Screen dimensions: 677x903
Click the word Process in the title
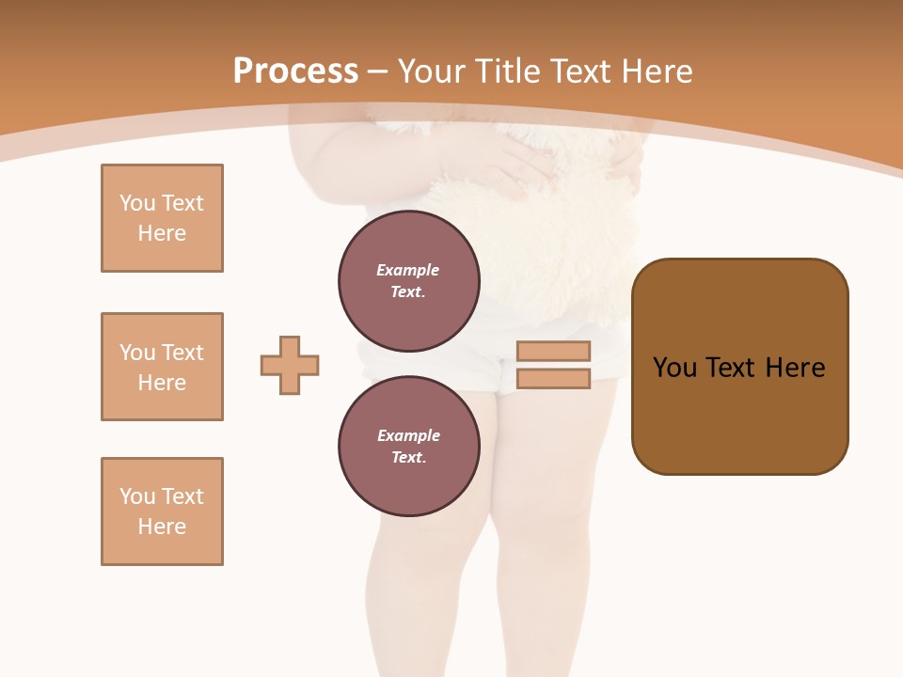coord(295,71)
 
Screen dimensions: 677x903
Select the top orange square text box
coord(162,218)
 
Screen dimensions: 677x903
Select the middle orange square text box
coord(162,367)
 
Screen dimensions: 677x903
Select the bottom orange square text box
coord(162,512)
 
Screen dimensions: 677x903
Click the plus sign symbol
coord(290,365)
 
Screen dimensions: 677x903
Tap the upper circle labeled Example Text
coord(409,281)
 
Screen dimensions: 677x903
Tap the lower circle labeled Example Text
coord(409,447)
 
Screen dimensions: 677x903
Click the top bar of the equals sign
coord(553,351)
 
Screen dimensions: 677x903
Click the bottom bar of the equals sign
coord(553,379)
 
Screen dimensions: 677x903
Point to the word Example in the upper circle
coord(408,270)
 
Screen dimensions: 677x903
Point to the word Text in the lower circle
coord(408,458)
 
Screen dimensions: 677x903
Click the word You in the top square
coord(136,203)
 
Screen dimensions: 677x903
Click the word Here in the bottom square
coord(162,527)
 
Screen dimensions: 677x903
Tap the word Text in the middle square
coord(182,353)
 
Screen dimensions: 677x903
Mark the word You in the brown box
coord(674,368)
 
